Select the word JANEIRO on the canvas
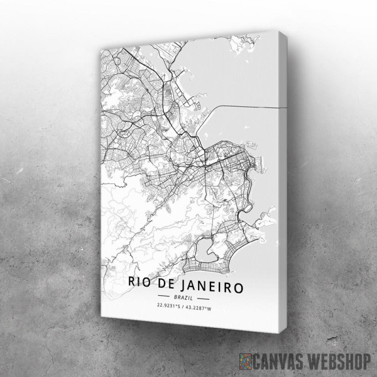point(212,284)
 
